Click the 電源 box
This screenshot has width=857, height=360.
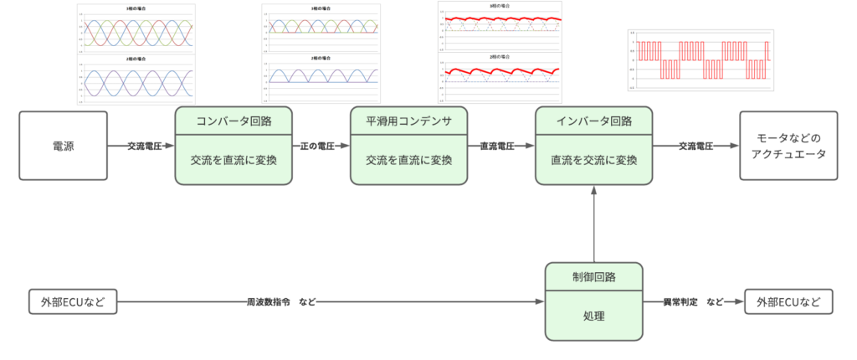[x=64, y=146]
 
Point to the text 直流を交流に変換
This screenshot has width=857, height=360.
[x=593, y=159]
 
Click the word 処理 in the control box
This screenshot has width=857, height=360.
[x=593, y=316]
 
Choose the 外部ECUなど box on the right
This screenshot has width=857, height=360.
[x=788, y=301]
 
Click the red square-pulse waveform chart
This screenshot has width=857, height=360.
[x=700, y=60]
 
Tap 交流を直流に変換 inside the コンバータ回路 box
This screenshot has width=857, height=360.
[x=233, y=159]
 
